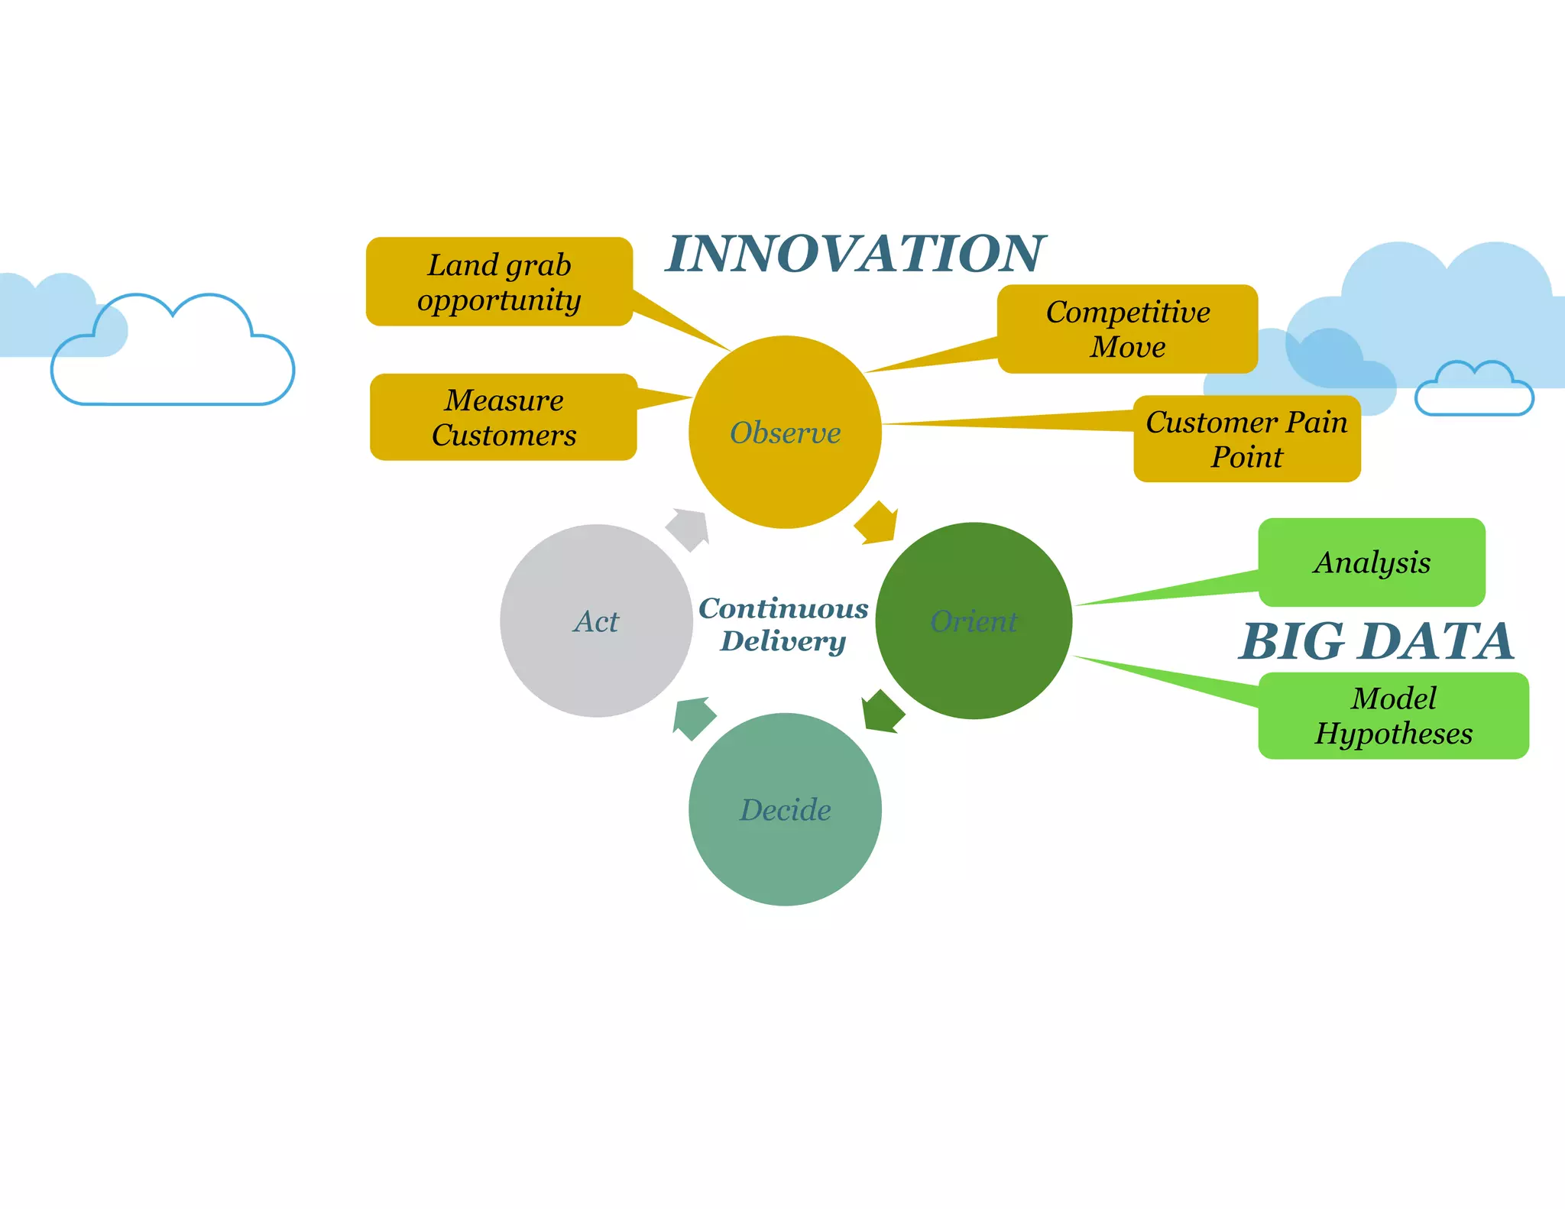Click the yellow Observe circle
point(785,432)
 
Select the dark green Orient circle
point(974,621)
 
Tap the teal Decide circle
point(785,809)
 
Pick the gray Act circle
point(596,621)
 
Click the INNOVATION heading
point(855,254)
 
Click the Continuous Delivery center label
point(783,624)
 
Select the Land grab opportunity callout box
point(499,282)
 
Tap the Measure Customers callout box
point(504,417)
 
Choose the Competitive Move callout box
point(1127,329)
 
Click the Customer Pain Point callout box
point(1246,439)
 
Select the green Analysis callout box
point(1372,562)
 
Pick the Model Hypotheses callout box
point(1393,715)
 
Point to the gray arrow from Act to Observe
point(689,528)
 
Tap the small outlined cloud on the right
point(1474,392)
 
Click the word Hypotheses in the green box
point(1393,734)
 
